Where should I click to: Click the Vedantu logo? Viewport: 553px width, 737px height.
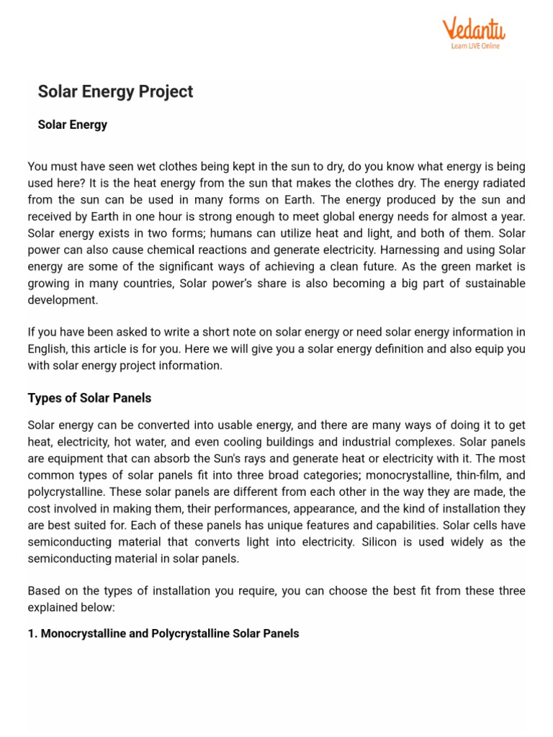click(473, 30)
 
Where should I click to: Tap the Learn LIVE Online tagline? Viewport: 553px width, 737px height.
click(475, 46)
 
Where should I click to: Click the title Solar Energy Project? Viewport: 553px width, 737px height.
click(115, 91)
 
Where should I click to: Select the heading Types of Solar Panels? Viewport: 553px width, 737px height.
click(89, 398)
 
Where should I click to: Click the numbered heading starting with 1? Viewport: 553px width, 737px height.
click(163, 633)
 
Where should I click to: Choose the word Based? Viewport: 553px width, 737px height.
click(43, 590)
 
